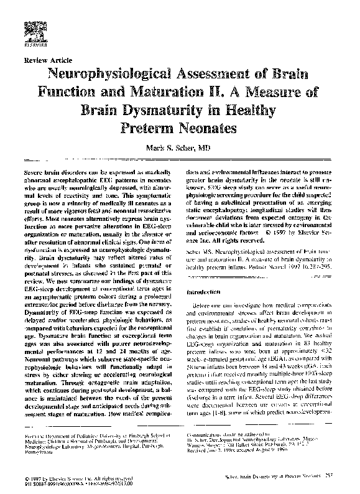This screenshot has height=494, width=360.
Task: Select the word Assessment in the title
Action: [226, 75]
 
